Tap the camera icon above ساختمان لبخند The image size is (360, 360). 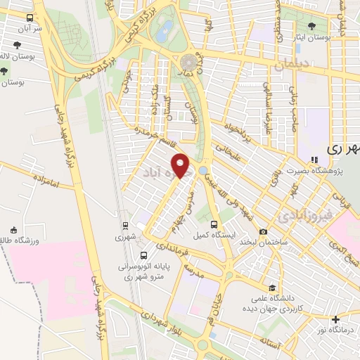[x=263, y=231]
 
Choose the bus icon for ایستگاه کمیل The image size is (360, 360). [x=222, y=226]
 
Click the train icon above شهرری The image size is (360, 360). [x=124, y=226]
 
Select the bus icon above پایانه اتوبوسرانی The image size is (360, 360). [x=143, y=256]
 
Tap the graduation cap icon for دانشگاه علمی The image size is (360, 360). [x=272, y=288]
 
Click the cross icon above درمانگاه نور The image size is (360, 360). [x=335, y=319]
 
